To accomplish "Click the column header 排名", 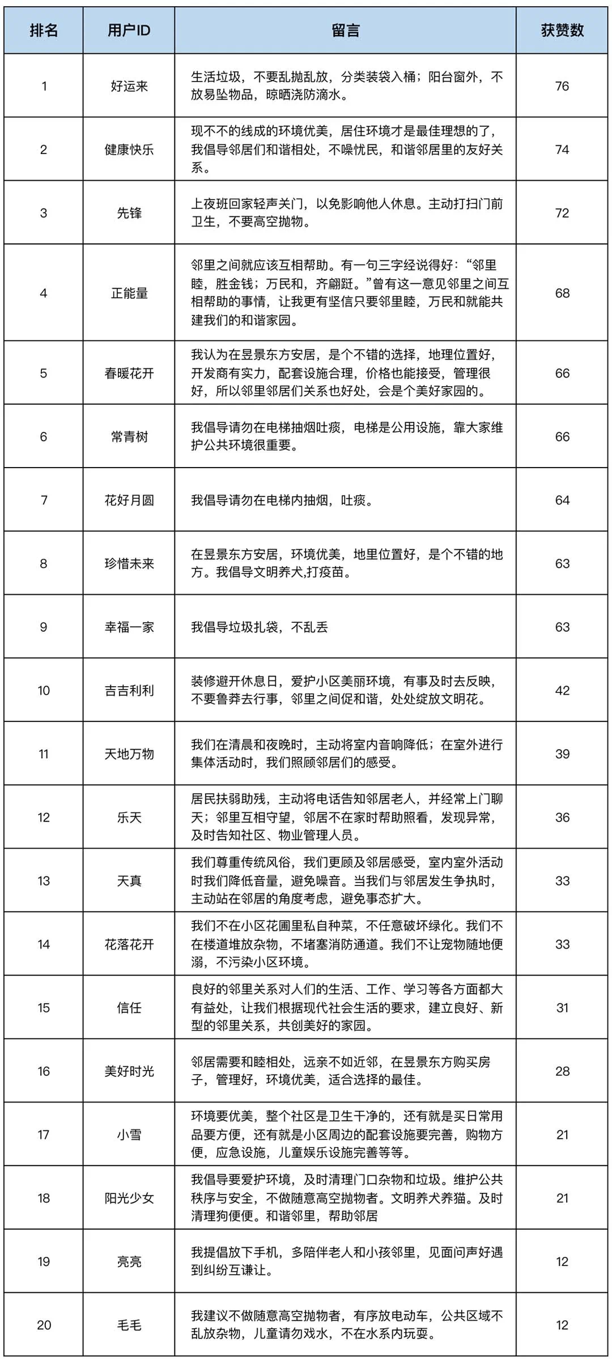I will pyautogui.click(x=44, y=31).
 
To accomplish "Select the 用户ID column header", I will pyautogui.click(x=129, y=31).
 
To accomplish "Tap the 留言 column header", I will pyautogui.click(x=345, y=31).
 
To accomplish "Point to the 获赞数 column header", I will pyautogui.click(x=562, y=31).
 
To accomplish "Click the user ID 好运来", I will pyautogui.click(x=129, y=86).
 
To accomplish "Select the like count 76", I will pyautogui.click(x=562, y=86).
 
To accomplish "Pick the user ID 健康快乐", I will pyautogui.click(x=129, y=149).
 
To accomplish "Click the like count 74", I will pyautogui.click(x=562, y=149).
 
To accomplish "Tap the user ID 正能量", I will pyautogui.click(x=129, y=293).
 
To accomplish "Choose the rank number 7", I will pyautogui.click(x=44, y=500).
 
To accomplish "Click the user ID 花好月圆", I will pyautogui.click(x=129, y=500).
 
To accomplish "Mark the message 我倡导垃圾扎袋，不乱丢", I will pyautogui.click(x=260, y=627).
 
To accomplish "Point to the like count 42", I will pyautogui.click(x=562, y=690).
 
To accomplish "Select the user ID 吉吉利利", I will pyautogui.click(x=129, y=690).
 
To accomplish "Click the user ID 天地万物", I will pyautogui.click(x=129, y=754).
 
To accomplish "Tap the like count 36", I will pyautogui.click(x=562, y=817).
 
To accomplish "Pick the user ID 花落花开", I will pyautogui.click(x=129, y=944).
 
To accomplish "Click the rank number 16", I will pyautogui.click(x=44, y=1071).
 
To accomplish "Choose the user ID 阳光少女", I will pyautogui.click(x=129, y=1198).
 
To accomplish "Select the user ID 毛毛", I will pyautogui.click(x=129, y=1325).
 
